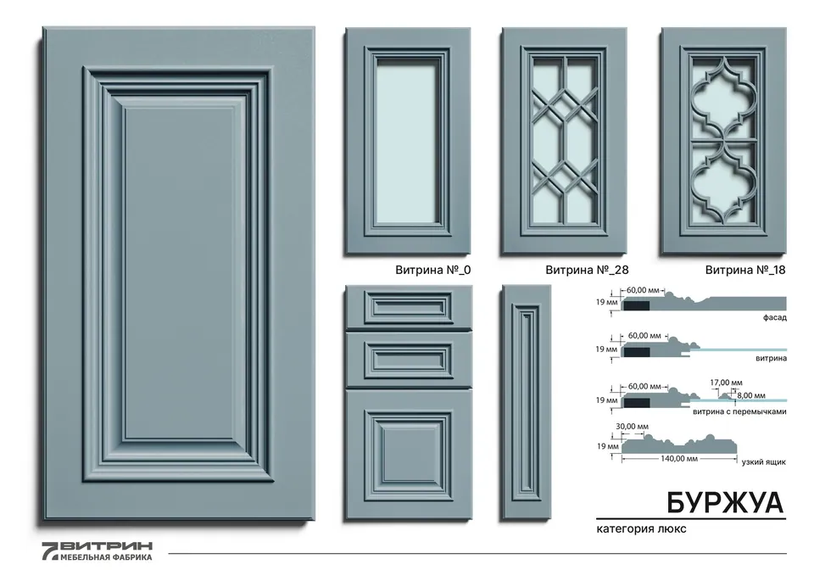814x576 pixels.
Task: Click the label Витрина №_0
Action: (433, 270)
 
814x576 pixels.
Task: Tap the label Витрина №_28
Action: (587, 270)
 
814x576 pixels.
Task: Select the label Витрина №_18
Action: (745, 270)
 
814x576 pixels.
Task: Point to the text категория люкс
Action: (641, 528)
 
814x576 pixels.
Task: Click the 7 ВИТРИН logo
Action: (97, 551)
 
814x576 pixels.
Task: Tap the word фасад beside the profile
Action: (774, 317)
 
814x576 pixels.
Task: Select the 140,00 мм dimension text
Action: (679, 459)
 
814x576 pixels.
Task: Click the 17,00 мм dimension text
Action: (726, 383)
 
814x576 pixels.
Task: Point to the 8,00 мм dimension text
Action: (750, 395)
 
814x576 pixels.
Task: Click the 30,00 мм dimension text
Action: (632, 427)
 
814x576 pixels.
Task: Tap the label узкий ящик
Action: (764, 461)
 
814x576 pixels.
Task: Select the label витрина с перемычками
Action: (739, 411)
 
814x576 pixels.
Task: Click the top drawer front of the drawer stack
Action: (409, 307)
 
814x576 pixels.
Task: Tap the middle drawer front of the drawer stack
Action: (409, 359)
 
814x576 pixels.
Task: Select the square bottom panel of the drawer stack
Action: (409, 455)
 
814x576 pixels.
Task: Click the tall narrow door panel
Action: (526, 402)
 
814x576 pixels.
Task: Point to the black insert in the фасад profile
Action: (636, 306)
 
